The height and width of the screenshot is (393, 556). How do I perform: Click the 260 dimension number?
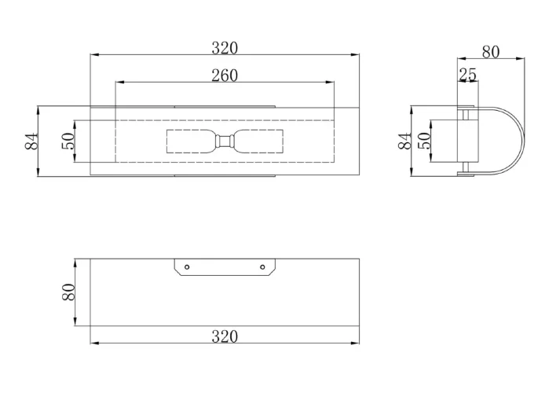[225, 75]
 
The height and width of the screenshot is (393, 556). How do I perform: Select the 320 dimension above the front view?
[225, 48]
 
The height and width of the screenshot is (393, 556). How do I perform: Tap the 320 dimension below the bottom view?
[225, 336]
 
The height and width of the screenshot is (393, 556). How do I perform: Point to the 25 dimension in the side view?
[468, 75]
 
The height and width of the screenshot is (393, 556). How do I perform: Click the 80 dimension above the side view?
[491, 52]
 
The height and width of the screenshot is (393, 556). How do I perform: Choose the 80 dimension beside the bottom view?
[69, 292]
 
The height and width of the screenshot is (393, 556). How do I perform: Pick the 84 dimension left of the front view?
[31, 141]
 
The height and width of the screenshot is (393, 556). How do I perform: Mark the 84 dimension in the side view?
[405, 141]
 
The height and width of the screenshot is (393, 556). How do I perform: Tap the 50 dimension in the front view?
[68, 141]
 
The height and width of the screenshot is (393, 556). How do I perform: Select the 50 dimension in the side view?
[424, 141]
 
